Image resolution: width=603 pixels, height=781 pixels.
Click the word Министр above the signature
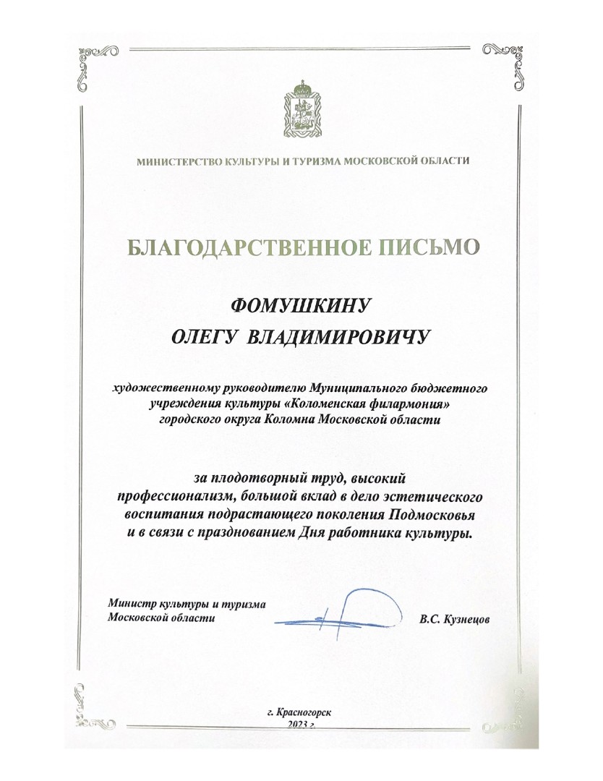click(x=129, y=603)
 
